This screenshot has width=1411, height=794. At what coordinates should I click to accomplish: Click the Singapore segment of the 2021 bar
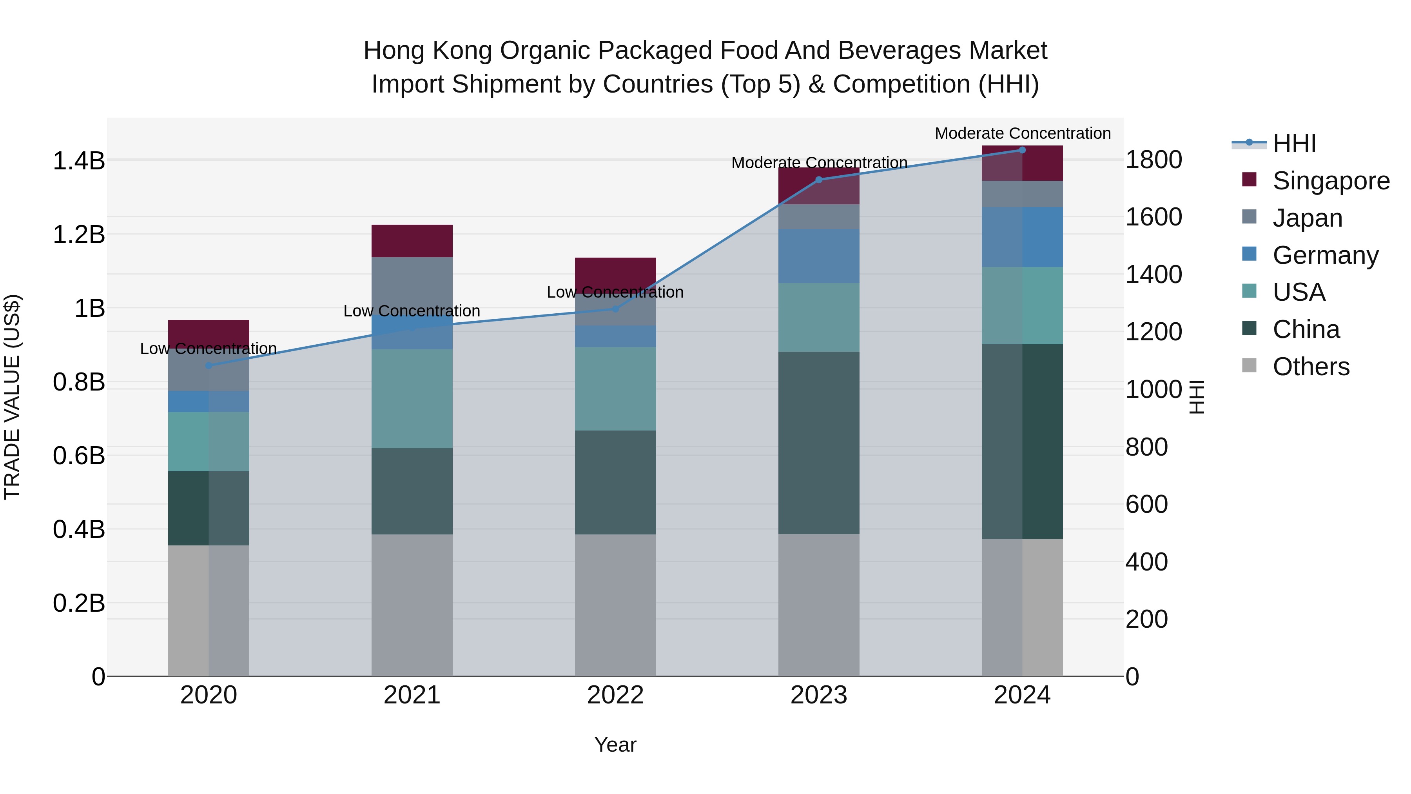coord(412,241)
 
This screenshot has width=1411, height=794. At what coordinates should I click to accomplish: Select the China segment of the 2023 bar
coord(818,443)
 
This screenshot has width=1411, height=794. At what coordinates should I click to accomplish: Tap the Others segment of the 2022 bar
coord(615,605)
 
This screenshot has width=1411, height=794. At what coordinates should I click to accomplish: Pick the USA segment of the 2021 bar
coord(412,398)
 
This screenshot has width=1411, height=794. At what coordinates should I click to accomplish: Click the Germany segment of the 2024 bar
coord(1022,237)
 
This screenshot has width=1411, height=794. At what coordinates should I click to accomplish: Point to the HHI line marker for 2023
coord(819,180)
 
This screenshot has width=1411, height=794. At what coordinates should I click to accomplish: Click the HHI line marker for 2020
coord(209,365)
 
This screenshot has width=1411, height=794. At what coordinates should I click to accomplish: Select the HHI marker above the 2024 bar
coord(1022,150)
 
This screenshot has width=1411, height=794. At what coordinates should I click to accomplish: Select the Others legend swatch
coord(1250,365)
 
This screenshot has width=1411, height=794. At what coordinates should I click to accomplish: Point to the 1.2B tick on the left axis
coord(79,234)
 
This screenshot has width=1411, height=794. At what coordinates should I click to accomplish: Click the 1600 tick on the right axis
coord(1153,217)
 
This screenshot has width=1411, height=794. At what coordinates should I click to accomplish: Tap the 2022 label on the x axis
coord(615,695)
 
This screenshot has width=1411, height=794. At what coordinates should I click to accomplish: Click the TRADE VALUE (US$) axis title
coord(12,397)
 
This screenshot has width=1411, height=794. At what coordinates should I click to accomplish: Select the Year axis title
coord(615,745)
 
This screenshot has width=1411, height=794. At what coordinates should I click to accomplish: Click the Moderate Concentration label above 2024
coord(1022,133)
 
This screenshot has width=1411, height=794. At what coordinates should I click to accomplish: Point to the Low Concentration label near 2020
coord(209,349)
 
